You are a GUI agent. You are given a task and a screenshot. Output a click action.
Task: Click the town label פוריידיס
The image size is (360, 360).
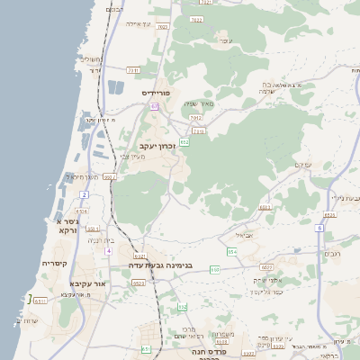[x=156, y=93]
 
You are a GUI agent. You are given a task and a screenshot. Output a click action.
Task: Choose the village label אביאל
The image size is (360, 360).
[x=244, y=236]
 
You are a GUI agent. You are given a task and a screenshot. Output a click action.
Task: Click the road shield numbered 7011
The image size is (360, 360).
[x=133, y=69]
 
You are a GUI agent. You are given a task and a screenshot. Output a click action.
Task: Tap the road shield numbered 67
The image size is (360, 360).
[x=155, y=106]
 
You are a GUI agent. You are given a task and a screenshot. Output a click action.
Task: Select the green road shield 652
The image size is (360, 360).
[x=184, y=141]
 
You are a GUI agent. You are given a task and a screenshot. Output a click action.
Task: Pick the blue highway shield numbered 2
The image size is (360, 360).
[x=85, y=194]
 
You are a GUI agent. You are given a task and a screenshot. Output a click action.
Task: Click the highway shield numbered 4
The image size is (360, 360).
[x=109, y=251]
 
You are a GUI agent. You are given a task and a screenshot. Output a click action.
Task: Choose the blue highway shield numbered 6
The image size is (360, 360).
[x=319, y=228]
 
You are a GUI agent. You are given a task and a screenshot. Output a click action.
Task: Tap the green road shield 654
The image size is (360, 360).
[x=232, y=252]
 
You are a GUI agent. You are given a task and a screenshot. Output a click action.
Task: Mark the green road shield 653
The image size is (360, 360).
[x=214, y=269]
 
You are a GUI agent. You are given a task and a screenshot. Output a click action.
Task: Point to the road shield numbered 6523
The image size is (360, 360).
[x=138, y=283]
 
